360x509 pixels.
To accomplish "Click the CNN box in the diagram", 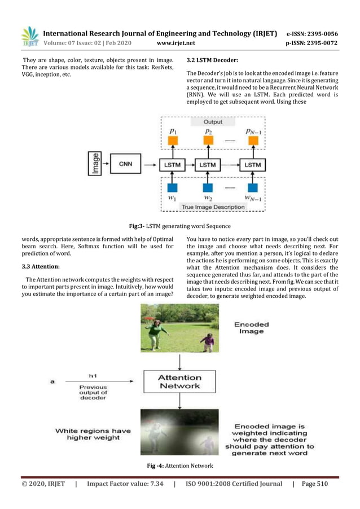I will coord(125,164).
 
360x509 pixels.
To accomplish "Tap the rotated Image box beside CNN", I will coord(95,164).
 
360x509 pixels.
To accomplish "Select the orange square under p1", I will coord(173,141).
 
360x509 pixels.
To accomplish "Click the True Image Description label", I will coord(213,207).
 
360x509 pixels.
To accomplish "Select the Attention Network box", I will coord(179,381).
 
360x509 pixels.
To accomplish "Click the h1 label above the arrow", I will coord(94,375).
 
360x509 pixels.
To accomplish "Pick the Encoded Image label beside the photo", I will coord(251,328).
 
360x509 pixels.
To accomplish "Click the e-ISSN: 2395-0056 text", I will coord(311,33).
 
